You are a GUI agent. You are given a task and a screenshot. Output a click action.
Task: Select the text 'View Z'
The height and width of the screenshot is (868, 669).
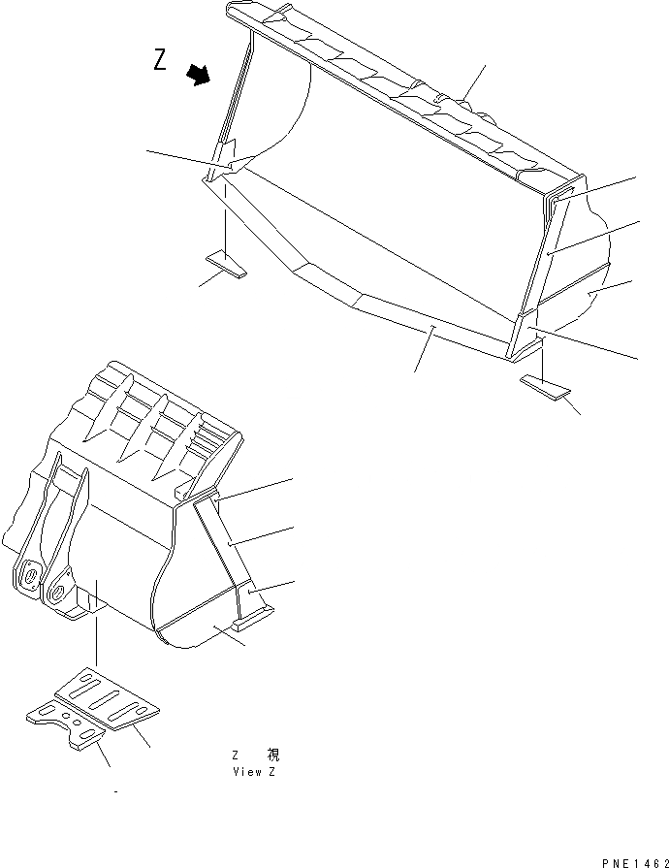click(255, 772)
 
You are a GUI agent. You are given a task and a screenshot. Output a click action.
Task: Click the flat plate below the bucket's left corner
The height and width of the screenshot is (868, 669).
click(227, 263)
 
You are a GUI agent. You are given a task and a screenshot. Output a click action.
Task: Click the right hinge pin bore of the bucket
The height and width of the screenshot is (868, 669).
click(61, 585)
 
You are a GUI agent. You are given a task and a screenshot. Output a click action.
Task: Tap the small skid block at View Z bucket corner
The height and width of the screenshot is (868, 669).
click(255, 614)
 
